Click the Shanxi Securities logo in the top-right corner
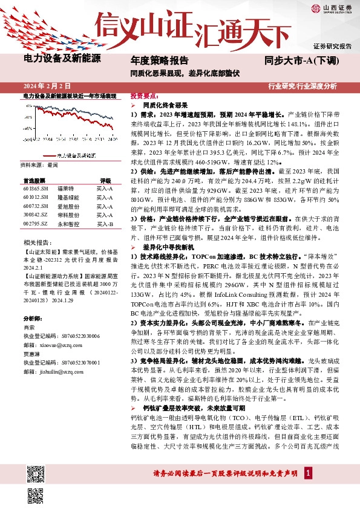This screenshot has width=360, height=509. tap(332, 8)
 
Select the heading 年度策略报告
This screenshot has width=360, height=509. tap(159, 60)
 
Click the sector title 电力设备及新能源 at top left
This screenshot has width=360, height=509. tap(62, 59)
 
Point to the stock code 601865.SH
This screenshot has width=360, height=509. tap(36, 189)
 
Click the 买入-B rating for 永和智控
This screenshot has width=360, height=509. tap(105, 224)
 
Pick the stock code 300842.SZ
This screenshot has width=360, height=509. tap(36, 215)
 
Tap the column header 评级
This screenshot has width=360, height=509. tap(105, 180)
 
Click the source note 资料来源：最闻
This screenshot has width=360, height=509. tap(39, 164)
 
